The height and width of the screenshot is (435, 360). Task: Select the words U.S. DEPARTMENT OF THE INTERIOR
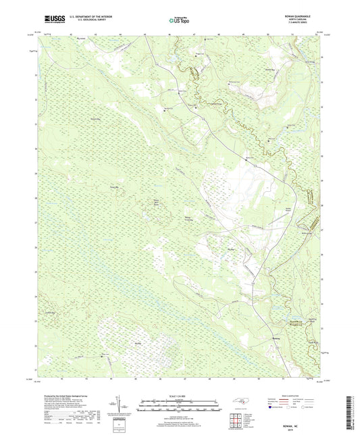(x=92, y=16)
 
